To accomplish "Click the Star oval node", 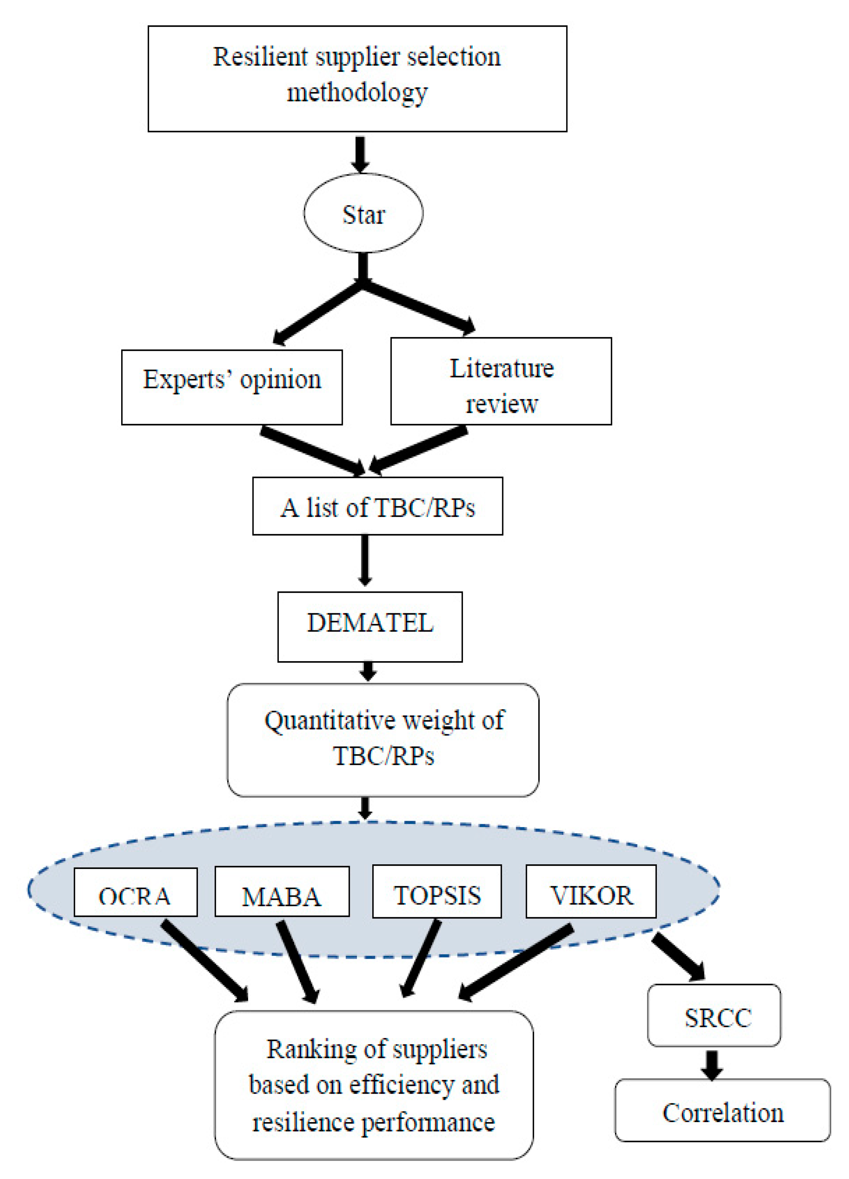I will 363,213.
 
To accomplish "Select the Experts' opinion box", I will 232,387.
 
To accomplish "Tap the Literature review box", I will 501,381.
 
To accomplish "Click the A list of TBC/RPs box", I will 377,506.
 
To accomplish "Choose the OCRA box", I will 135,892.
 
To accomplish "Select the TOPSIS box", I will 437,891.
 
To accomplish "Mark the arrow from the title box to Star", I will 360,153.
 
